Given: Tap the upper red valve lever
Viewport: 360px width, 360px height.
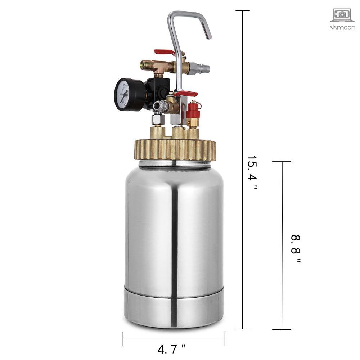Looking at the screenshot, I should click(x=165, y=53).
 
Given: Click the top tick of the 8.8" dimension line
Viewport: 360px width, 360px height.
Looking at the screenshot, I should click(x=282, y=162).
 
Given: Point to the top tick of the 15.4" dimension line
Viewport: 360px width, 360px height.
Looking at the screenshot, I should click(x=242, y=11).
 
